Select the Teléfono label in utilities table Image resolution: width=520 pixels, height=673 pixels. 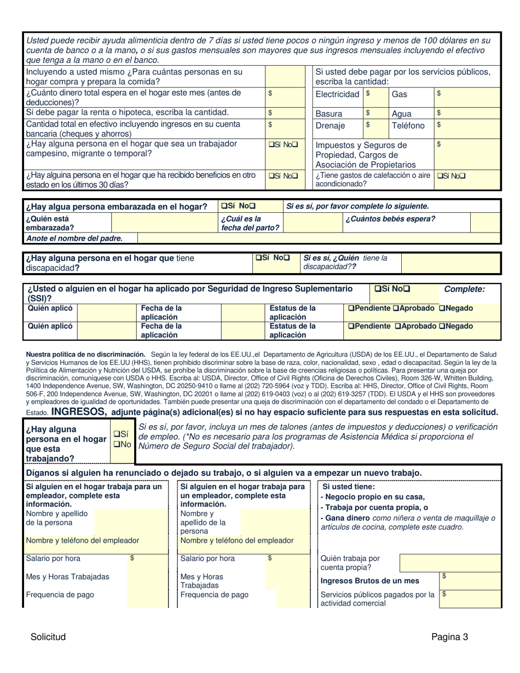pyautogui.click(x=408, y=125)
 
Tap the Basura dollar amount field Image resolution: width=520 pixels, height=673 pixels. pyautogui.click(x=376, y=113)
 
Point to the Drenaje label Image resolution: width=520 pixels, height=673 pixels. pyautogui.click(x=331, y=125)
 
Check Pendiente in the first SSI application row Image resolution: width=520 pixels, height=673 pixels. pyautogui.click(x=351, y=309)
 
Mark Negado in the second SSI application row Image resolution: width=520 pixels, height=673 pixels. pyautogui.click(x=442, y=326)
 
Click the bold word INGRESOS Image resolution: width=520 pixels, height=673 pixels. pyautogui.click(x=78, y=411)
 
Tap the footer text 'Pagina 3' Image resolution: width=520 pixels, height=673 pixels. pyautogui.click(x=449, y=636)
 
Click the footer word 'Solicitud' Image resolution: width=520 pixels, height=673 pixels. pyautogui.click(x=48, y=636)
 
